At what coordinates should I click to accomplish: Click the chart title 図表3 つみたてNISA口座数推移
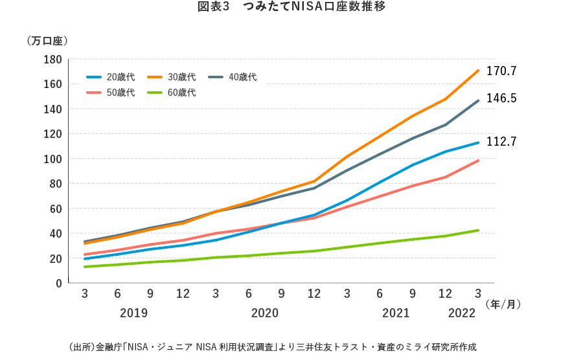coord(292,8)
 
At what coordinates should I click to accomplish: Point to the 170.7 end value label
coord(501,71)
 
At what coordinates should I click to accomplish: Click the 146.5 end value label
coord(501,98)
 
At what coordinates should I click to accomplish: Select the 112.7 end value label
coord(501,142)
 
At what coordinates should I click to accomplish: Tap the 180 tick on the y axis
coord(53,60)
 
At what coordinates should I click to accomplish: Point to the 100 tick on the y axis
coord(53,159)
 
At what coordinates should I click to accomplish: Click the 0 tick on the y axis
coord(58,284)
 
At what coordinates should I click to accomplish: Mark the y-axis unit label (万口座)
coord(47,41)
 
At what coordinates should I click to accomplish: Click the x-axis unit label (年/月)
coord(503,302)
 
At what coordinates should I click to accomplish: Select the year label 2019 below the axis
coord(134,313)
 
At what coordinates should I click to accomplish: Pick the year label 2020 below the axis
coord(265,313)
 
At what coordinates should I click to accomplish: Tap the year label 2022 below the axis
coord(462,313)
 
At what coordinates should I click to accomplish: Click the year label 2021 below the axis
coord(396,313)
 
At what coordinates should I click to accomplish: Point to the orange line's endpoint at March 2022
coord(478,70)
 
